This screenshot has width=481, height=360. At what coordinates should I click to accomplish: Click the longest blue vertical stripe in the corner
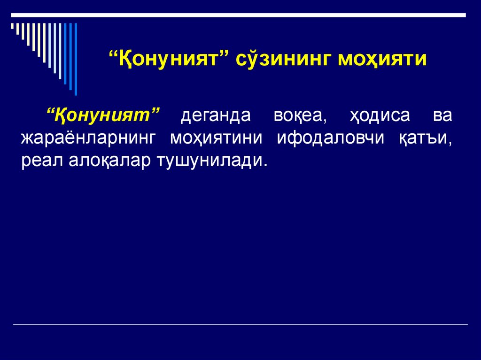[x=76, y=59]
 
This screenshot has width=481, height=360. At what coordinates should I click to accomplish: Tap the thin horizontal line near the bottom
[x=240, y=325]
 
